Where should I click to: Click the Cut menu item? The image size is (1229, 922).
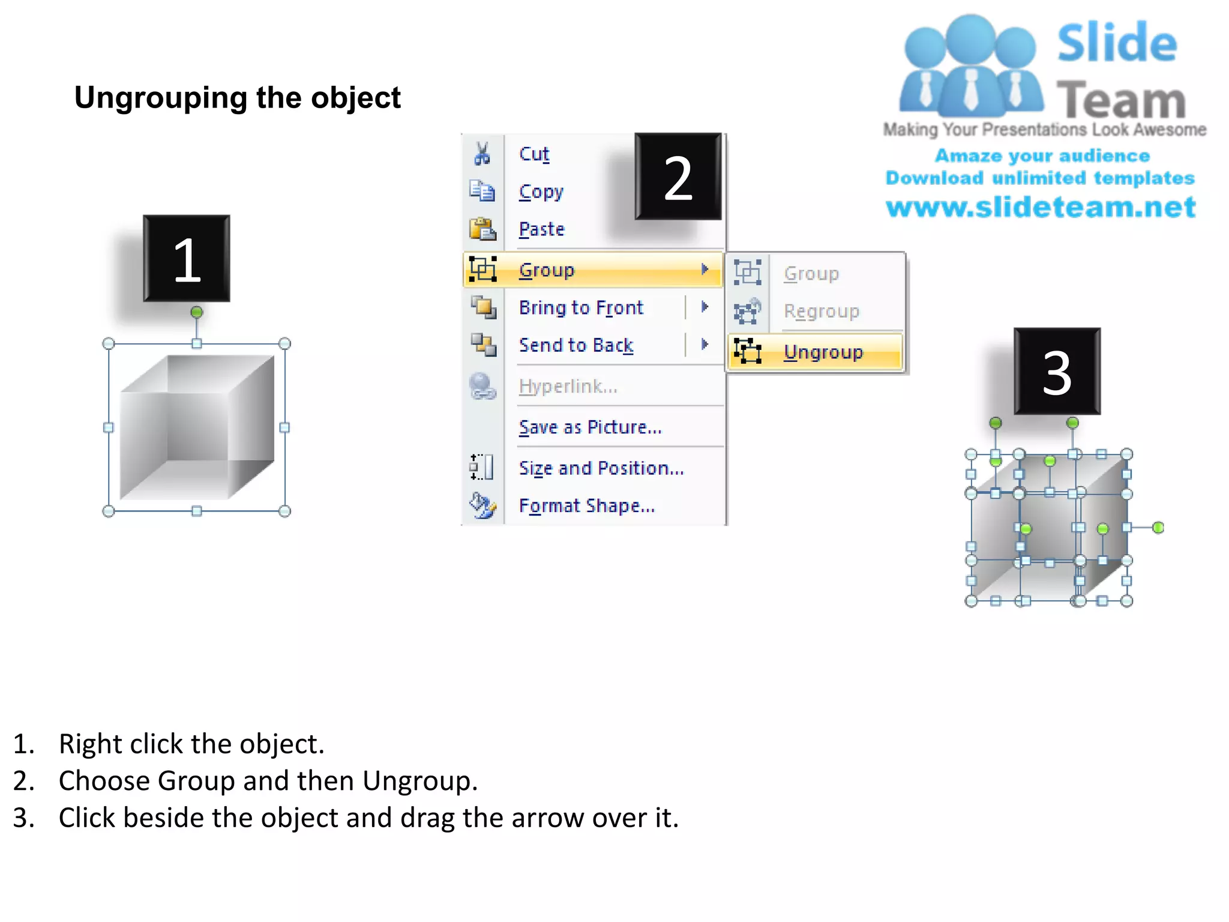533,154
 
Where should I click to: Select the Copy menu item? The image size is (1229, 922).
541,191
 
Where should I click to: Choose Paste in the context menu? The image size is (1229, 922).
541,229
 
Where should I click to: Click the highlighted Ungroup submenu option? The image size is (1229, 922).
823,352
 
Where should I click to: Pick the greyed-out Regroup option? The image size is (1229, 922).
821,312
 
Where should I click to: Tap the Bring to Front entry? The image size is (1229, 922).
580,308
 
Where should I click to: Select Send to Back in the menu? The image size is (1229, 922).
575,345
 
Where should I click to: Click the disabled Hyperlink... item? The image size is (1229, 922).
568,387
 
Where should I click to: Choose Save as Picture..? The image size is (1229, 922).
590,427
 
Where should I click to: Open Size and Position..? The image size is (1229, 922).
601,468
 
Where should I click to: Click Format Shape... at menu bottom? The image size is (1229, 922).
586,506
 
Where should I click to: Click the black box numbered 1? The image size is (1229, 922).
187,259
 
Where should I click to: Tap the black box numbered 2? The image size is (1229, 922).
678,177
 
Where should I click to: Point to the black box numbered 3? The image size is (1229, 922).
1057,372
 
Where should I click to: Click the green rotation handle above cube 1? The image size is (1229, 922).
197,312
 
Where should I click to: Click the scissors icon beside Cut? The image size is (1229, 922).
482,154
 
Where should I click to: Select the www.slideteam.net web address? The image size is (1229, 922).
1041,207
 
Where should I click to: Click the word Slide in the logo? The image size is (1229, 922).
1117,43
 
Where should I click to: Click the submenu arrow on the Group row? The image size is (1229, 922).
705,270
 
